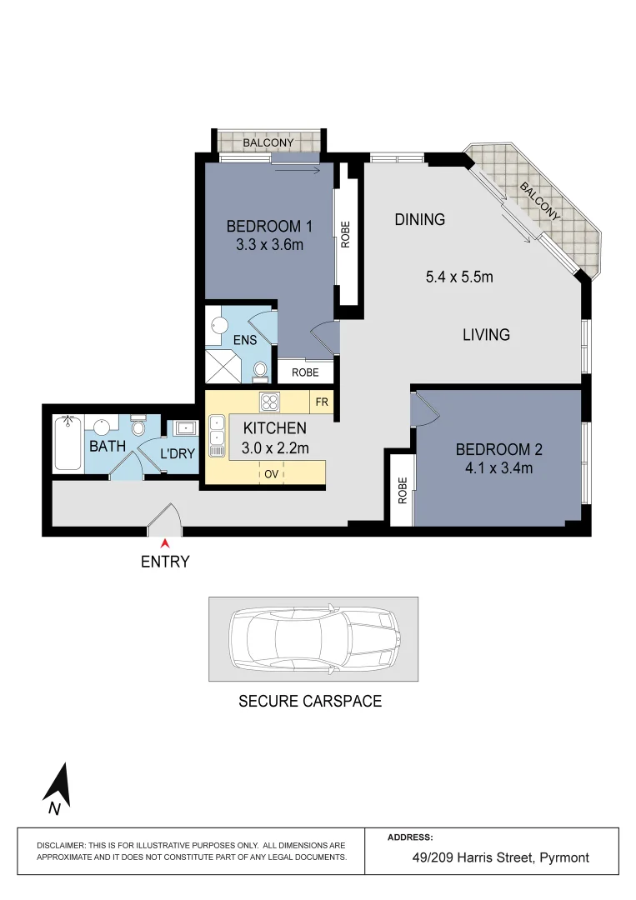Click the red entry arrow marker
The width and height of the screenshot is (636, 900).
[x=165, y=544]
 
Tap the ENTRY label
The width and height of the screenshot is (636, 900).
[x=165, y=562]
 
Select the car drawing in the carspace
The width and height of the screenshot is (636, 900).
[x=313, y=639]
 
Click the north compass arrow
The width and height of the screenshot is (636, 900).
[x=58, y=788]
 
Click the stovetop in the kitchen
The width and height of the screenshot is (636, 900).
[x=269, y=402]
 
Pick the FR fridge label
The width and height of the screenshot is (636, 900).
[x=321, y=402]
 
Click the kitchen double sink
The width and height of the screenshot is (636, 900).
[x=217, y=436]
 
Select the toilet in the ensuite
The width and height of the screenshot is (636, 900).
[x=260, y=369]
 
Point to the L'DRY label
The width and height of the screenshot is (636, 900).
[x=177, y=454]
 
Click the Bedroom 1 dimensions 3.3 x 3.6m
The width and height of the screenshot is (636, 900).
[x=269, y=245]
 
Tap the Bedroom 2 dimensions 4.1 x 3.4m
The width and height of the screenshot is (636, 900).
[x=498, y=467]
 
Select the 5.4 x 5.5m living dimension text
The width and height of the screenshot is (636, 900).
[x=459, y=277]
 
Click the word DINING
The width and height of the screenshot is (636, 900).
[x=420, y=220]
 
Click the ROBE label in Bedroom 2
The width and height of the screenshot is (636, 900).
[x=403, y=491]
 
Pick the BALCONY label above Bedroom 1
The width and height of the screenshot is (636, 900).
[x=268, y=142]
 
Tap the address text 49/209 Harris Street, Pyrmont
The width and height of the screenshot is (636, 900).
[x=501, y=857]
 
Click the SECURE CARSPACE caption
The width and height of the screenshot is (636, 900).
[x=310, y=701]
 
